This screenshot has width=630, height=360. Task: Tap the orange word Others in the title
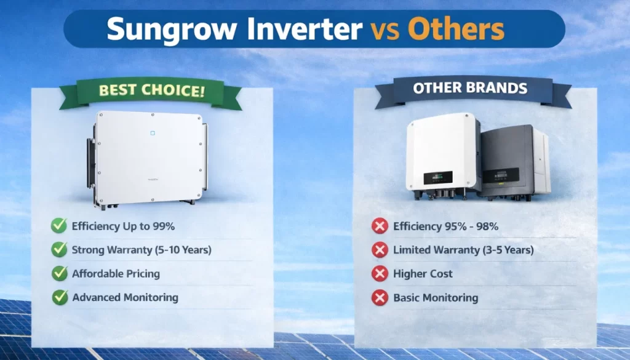[456, 28]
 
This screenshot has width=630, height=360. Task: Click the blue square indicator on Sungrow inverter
[153, 133]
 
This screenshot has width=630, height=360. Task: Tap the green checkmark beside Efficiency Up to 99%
[59, 225]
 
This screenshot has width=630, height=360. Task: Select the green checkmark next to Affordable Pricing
[60, 273]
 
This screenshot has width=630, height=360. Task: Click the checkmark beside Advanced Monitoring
[60, 297]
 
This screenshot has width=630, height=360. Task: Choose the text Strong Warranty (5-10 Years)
[142, 250]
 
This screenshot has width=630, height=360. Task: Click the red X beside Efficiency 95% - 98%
[380, 226]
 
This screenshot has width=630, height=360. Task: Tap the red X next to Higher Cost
[380, 274]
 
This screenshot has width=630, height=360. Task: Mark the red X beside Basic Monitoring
[380, 298]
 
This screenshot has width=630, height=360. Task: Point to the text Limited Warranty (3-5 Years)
[463, 250]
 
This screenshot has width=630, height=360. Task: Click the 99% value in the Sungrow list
[164, 226]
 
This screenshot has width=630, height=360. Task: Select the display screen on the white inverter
[438, 178]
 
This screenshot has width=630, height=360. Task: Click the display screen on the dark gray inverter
[501, 176]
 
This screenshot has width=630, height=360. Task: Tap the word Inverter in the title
[305, 30]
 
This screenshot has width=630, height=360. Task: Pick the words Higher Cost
[423, 274]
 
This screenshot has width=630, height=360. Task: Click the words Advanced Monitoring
[125, 298]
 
